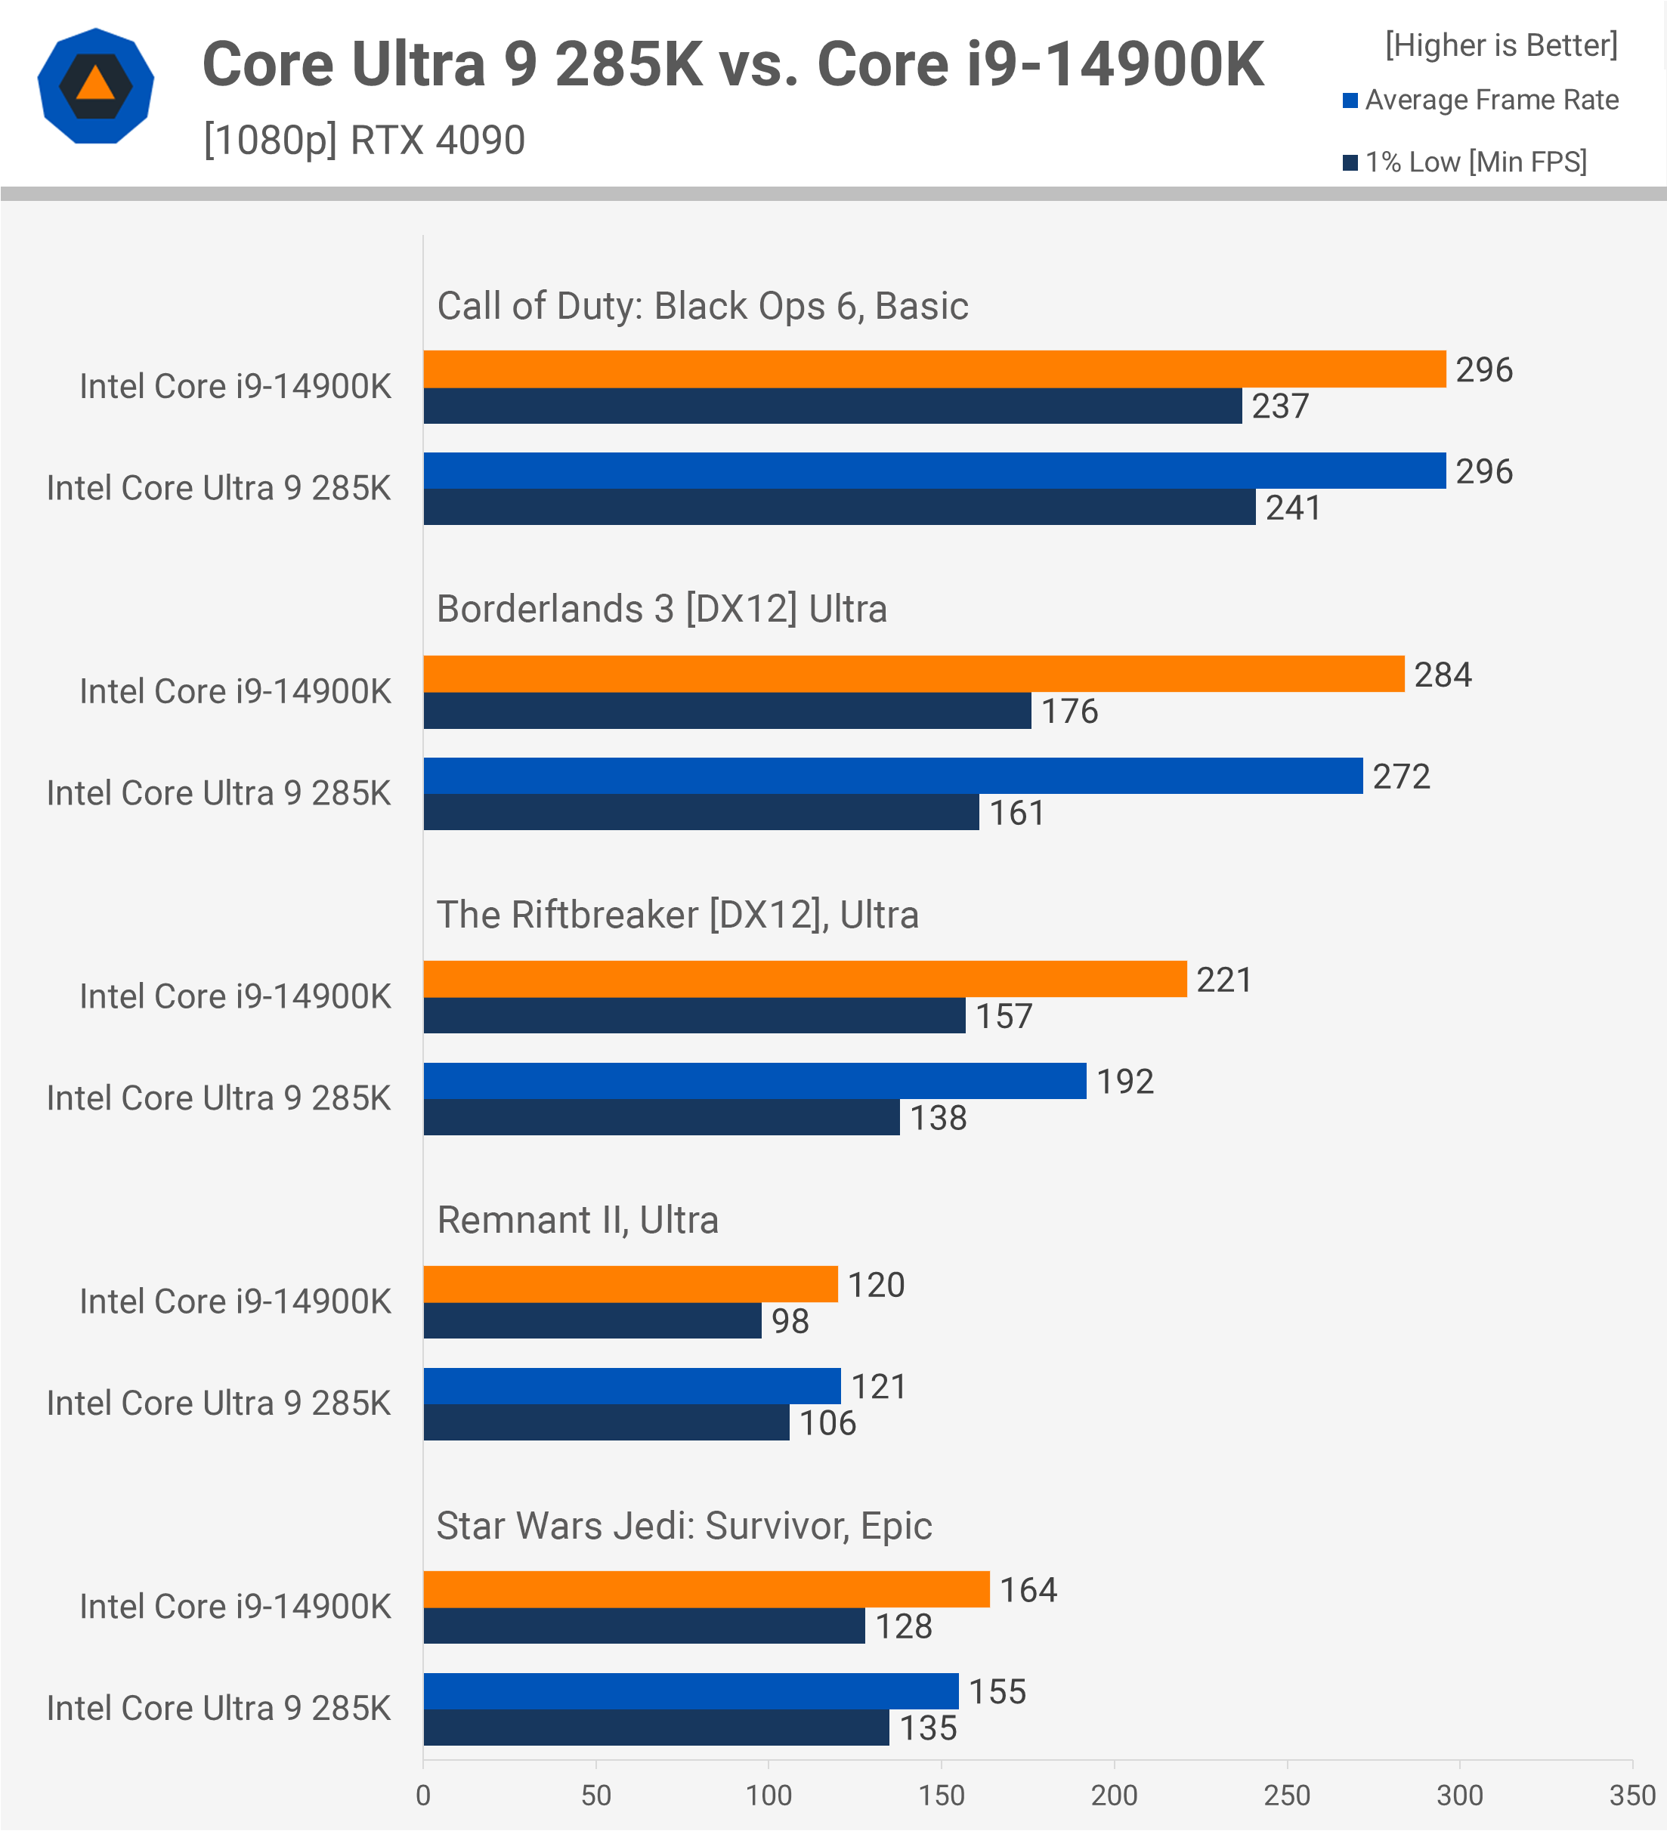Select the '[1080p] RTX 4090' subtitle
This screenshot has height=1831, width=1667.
[364, 140]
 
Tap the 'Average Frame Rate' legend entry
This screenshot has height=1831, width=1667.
[1491, 100]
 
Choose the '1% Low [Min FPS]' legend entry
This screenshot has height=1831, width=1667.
[1475, 162]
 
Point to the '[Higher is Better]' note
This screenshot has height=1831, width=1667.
[1501, 45]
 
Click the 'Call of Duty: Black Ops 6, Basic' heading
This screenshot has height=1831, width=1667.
[702, 306]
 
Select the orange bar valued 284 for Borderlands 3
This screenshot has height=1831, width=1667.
[913, 674]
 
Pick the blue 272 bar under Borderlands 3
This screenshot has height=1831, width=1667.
[892, 776]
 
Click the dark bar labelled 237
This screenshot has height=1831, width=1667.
[832, 406]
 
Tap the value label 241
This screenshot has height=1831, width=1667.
[1293, 508]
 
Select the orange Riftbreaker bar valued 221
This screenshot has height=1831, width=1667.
[805, 979]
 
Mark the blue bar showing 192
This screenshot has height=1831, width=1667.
[754, 1081]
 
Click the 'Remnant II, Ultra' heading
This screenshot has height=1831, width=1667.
[578, 1220]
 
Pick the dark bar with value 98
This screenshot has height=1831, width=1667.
[592, 1320]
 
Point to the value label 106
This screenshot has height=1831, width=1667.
[827, 1422]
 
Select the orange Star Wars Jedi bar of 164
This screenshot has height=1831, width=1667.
[706, 1589]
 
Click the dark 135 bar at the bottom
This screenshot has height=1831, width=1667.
[656, 1728]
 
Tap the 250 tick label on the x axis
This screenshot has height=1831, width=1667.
[1286, 1795]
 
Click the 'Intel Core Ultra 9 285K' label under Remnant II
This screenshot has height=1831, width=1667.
[218, 1403]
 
